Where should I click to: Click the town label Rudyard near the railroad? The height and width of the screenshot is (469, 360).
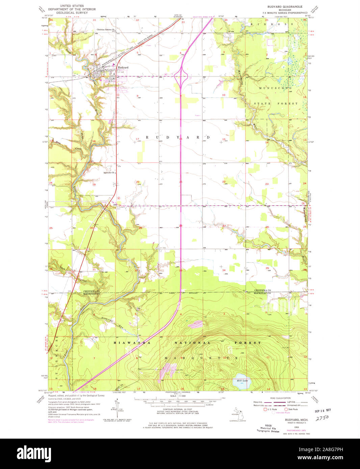pos(123,67)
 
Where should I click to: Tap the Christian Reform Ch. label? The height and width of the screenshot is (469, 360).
pos(106,30)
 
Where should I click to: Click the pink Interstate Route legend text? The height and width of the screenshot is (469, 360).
pos(282,413)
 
